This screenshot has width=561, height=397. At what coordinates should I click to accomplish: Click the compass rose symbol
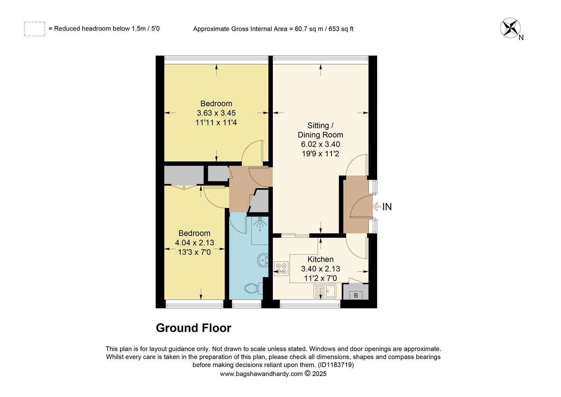[510, 28]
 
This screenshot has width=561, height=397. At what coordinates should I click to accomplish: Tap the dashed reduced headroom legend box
[35, 29]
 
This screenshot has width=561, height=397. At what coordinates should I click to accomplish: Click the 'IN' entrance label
[387, 207]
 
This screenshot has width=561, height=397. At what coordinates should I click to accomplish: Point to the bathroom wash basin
[263, 260]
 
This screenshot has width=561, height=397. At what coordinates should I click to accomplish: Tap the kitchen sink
[325, 291]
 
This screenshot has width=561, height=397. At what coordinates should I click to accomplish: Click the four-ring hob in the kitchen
[282, 269]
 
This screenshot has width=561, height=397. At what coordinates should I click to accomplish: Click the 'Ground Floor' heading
[193, 328]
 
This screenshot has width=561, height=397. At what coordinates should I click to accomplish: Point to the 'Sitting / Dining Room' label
[320, 130]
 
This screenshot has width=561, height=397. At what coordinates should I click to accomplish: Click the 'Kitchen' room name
[320, 259]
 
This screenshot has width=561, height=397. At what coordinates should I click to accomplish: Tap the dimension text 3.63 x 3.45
[216, 113]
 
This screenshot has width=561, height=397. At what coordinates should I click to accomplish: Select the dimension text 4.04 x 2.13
[194, 243]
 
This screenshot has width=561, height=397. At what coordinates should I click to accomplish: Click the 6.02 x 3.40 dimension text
[320, 144]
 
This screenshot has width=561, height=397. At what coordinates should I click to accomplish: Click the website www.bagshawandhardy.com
[261, 374]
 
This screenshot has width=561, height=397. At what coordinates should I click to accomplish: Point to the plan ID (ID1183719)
[336, 365]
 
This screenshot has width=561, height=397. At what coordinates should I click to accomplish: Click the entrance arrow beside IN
[377, 207]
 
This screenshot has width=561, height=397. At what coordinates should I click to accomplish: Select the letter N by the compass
[521, 37]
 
